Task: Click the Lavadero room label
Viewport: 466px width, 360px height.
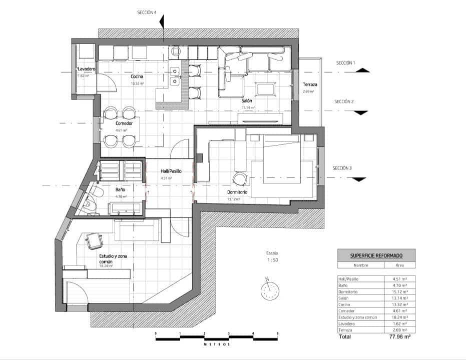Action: (86, 68)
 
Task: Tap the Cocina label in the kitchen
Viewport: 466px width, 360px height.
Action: (137, 76)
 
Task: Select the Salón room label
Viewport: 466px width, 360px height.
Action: (247, 100)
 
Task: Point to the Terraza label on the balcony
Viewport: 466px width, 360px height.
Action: (308, 85)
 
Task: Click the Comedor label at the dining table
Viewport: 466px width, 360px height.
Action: (124, 123)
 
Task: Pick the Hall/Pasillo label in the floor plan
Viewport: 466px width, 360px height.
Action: (171, 171)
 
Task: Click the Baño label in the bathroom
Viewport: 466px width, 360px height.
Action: (120, 190)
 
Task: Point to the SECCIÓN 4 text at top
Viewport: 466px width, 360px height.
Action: (147, 12)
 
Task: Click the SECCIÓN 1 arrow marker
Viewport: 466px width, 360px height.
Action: (362, 70)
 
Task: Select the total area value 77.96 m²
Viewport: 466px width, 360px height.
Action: (399, 337)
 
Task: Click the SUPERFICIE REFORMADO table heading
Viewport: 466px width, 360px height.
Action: (376, 255)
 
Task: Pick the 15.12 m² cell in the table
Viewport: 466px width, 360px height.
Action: (399, 291)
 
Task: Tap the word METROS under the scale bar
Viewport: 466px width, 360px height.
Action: (216, 344)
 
